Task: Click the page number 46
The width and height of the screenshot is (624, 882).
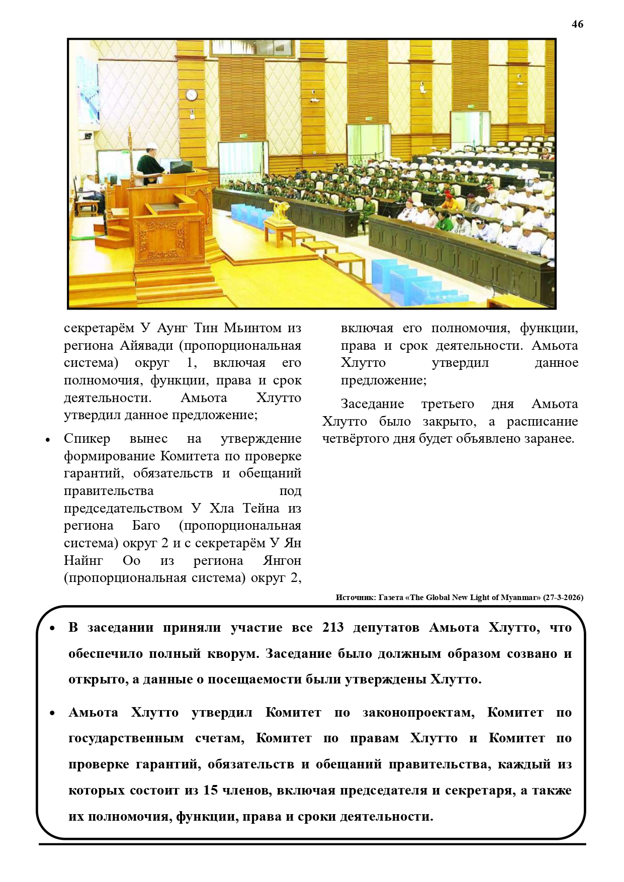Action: (x=577, y=24)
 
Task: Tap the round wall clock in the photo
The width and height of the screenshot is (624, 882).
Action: (x=191, y=94)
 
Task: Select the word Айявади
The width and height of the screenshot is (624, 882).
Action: (x=147, y=345)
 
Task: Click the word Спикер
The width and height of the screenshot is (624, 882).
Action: (x=86, y=438)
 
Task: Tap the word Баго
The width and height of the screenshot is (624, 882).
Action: (x=146, y=525)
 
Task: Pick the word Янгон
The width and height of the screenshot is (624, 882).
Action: (x=282, y=560)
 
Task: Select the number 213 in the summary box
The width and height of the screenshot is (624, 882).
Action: (x=333, y=627)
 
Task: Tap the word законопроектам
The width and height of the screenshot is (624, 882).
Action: (x=418, y=712)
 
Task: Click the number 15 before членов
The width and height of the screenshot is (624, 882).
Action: (x=210, y=790)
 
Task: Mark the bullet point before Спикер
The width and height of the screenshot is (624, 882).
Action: (x=48, y=439)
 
